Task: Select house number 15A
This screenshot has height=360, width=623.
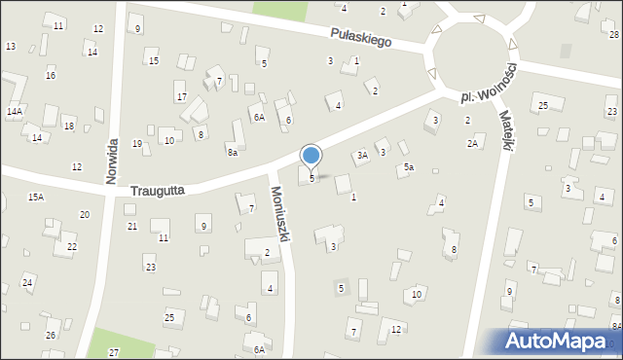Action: (x=35, y=198)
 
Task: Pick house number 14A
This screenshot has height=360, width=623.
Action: (x=14, y=112)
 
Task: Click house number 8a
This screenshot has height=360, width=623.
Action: (x=232, y=152)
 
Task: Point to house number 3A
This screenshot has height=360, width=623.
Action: (x=361, y=155)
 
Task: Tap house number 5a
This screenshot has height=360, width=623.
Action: (x=410, y=168)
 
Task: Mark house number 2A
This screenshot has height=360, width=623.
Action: (x=472, y=144)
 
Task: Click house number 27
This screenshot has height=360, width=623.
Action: (x=114, y=351)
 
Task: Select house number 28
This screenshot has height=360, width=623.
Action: (x=614, y=35)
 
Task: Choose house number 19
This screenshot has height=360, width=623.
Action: (x=137, y=144)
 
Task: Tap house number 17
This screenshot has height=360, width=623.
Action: (x=181, y=97)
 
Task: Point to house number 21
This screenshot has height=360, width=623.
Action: (x=131, y=226)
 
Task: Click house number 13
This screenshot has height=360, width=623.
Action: (x=11, y=47)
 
